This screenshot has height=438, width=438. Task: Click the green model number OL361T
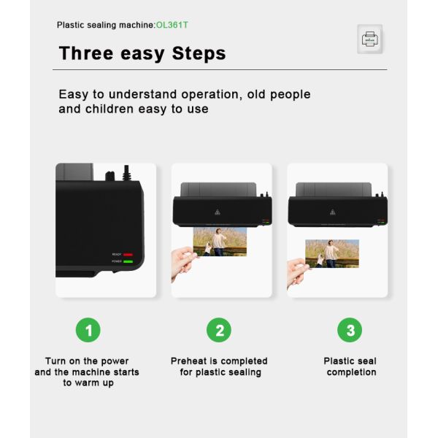pos(172,25)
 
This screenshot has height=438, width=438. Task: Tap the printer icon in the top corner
pos(370,39)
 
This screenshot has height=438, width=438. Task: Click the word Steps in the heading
pos(199,53)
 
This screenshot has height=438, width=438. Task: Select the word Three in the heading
pos(86,53)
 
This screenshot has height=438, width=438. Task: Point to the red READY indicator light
pos(128,255)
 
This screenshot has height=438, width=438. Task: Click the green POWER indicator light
pos(128,261)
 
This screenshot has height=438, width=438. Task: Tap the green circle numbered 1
pos(88,330)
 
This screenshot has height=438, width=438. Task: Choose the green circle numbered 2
pos(219,330)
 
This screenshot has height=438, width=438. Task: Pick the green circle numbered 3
pos(350,330)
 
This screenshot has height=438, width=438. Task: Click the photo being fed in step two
pos(220,242)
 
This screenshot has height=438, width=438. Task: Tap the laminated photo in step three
pos(332,253)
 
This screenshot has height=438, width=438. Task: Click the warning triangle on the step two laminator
pos(218,212)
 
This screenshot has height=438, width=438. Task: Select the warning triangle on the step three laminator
pos(332,212)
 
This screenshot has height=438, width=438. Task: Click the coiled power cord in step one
pos(126,173)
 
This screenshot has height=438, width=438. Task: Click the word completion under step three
pos(351,372)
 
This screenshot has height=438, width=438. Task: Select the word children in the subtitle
pos(109,109)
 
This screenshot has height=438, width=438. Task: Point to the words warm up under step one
pos(93,383)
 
